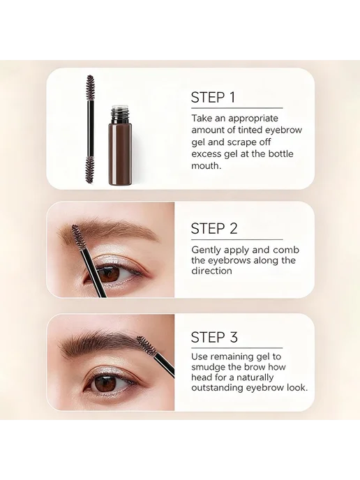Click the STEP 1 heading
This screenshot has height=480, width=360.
pyautogui.click(x=213, y=98)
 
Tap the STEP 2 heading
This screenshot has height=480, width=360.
pyautogui.click(x=214, y=228)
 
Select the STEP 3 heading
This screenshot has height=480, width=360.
pyautogui.click(x=214, y=337)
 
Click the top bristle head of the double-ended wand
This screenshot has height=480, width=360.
pyautogui.click(x=90, y=87)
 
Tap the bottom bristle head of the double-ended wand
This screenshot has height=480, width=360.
pyautogui.click(x=90, y=170)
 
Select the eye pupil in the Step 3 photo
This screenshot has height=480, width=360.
pyautogui.click(x=103, y=382)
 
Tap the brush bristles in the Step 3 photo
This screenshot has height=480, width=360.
pyautogui.click(x=147, y=346)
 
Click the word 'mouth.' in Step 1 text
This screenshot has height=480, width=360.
pyautogui.click(x=206, y=165)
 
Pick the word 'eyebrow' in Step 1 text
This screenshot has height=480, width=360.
pyautogui.click(x=283, y=130)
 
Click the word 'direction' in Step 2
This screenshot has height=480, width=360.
pyautogui.click(x=211, y=271)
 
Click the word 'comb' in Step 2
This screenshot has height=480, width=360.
pyautogui.click(x=286, y=250)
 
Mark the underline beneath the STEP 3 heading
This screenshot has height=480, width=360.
pyautogui.click(x=237, y=348)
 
